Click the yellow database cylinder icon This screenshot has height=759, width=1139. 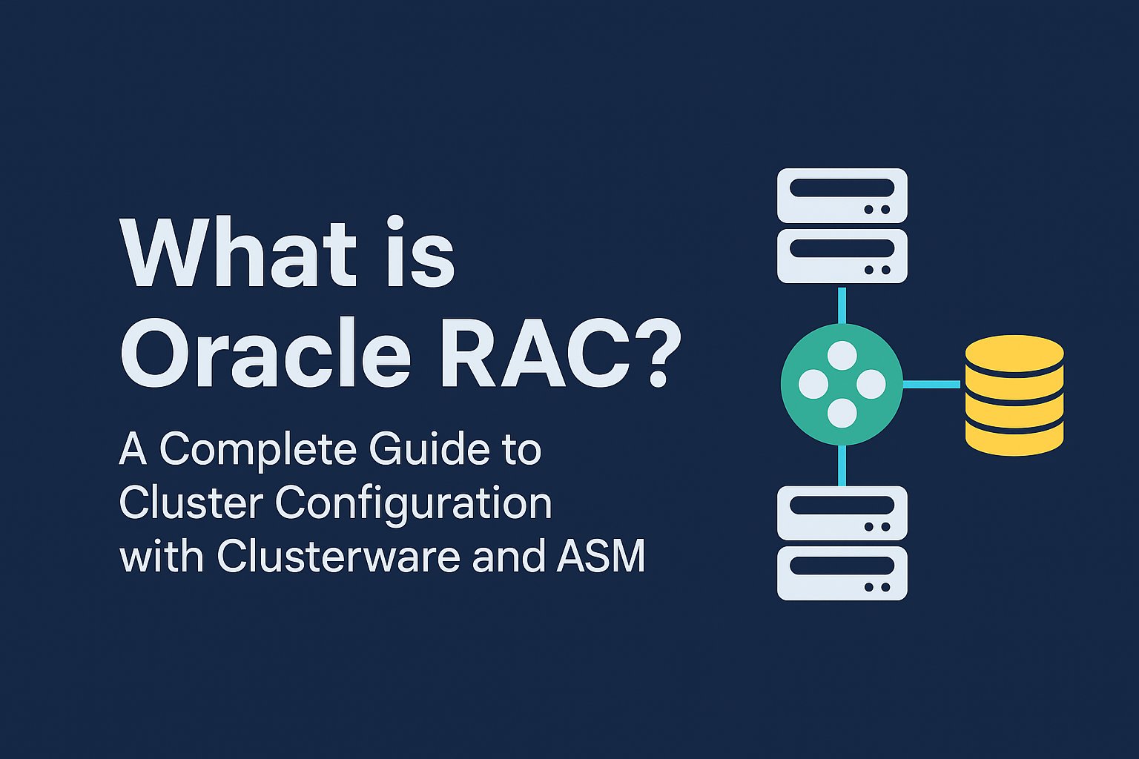coord(1014,394)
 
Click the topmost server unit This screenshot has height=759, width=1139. coord(842,195)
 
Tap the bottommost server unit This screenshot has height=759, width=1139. coord(842,573)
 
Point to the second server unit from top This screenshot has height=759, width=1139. coord(842,256)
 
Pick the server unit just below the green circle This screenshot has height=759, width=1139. coord(842,513)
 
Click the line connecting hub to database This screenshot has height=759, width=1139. coord(932,384)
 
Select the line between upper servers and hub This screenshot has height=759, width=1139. coord(842,304)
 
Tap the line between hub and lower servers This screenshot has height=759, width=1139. coord(842,465)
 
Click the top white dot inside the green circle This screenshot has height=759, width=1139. coord(842,356)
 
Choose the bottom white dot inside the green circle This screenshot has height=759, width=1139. coord(842,413)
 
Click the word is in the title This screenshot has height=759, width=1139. coord(418,253)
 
